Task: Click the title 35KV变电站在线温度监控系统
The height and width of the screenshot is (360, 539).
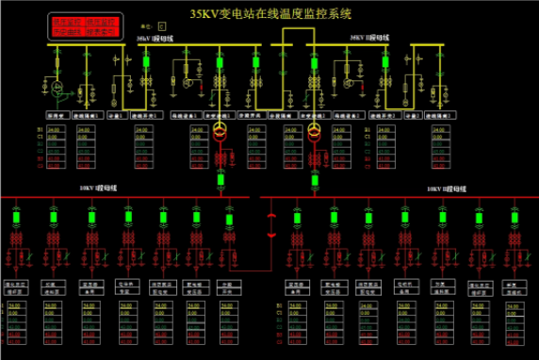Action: pos(269,13)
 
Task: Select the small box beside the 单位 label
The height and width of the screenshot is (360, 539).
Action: pos(161,26)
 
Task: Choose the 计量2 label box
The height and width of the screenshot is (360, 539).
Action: pos(412,115)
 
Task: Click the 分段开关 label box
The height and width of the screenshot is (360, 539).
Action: pos(253,115)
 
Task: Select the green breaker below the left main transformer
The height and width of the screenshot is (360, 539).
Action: pos(220,179)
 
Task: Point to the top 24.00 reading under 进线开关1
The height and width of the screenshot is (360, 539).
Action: pos(148,128)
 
